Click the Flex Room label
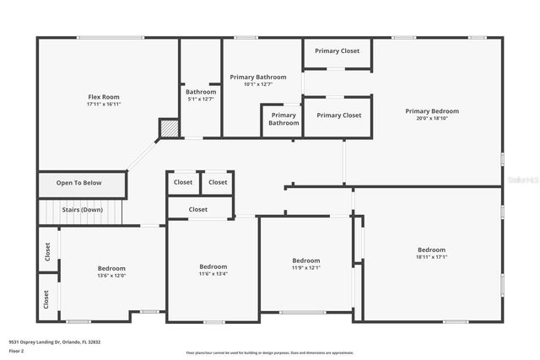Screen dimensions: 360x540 [x=104, y=97]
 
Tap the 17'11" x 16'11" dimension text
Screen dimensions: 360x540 [x=104, y=105]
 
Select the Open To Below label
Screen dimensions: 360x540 [x=79, y=183]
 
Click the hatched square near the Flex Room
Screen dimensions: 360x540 [x=170, y=128]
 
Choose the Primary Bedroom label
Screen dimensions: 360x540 [x=432, y=111]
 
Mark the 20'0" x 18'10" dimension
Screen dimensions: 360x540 [x=432, y=119]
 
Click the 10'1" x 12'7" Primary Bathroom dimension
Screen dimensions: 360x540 [x=258, y=84]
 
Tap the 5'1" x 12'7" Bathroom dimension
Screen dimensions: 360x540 [x=201, y=99]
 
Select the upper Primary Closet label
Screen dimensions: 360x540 [x=337, y=51]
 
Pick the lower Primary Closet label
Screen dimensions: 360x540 [x=338, y=116]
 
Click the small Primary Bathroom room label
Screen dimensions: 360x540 [x=283, y=119]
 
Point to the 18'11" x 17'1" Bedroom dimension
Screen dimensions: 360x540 [x=431, y=257]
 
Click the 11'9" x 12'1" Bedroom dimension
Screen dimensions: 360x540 [x=306, y=268]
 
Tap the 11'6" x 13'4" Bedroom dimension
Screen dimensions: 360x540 [x=213, y=274]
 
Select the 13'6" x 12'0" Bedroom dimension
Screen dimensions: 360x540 [x=111, y=276]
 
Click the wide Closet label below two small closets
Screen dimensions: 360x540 [x=198, y=209]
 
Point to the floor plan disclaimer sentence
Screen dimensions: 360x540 [x=270, y=352]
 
